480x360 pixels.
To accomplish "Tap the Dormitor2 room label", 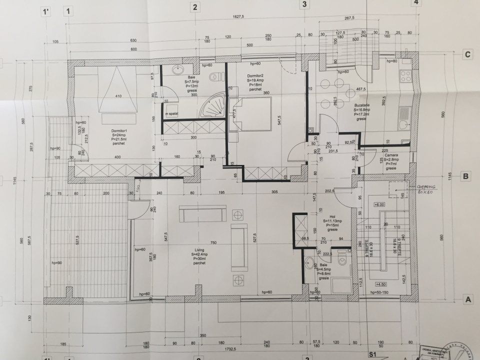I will [255, 75].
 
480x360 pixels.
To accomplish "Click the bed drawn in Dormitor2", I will [250, 114].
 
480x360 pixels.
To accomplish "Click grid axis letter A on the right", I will [468, 300].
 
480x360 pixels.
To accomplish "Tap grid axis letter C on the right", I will [468, 55].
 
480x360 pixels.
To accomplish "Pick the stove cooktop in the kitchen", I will [406, 76].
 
